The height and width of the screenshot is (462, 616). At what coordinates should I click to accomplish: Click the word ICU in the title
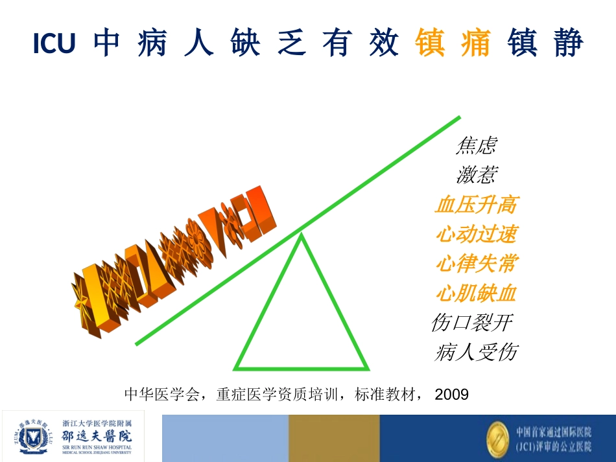tap(54, 44)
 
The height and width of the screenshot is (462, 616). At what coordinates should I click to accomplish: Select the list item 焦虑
tap(476, 146)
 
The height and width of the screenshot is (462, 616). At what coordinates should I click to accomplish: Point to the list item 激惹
tap(477, 175)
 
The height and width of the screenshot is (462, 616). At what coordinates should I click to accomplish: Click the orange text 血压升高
tap(476, 205)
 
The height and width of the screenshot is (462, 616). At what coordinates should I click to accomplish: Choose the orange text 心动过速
tap(476, 235)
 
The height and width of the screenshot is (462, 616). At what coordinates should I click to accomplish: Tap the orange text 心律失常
tap(476, 264)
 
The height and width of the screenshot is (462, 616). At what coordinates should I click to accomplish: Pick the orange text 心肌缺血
tap(476, 294)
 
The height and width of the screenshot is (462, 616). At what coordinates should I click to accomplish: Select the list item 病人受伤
tap(476, 352)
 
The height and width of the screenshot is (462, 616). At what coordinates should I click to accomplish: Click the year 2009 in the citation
tap(451, 393)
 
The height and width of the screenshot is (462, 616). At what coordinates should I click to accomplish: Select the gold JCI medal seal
tap(499, 437)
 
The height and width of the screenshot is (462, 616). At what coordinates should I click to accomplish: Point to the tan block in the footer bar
tap(334, 438)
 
